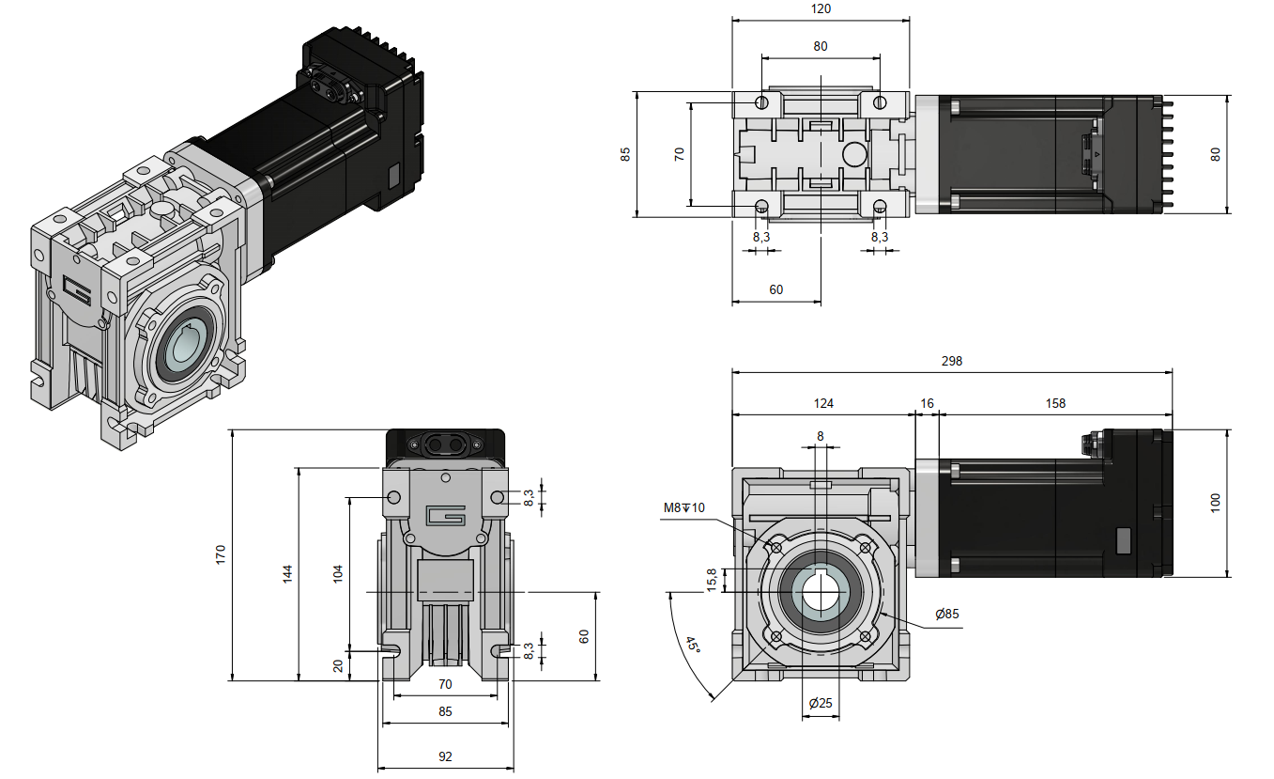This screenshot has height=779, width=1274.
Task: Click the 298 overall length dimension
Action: pyautogui.click(x=951, y=361)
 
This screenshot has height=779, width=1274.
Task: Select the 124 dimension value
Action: pyautogui.click(x=822, y=403)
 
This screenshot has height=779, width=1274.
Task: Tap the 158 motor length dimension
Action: pyautogui.click(x=1055, y=403)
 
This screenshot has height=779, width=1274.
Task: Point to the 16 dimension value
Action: pyautogui.click(x=928, y=403)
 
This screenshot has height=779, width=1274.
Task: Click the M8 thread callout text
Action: pyautogui.click(x=683, y=508)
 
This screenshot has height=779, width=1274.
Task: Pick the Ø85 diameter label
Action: pyautogui.click(x=947, y=614)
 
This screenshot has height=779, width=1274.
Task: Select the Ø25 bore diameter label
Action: pyautogui.click(x=820, y=703)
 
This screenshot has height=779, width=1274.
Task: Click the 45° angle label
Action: pyautogui.click(x=692, y=646)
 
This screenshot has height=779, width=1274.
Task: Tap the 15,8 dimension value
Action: pyautogui.click(x=711, y=580)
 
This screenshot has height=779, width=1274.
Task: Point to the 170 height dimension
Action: pyautogui.click(x=221, y=554)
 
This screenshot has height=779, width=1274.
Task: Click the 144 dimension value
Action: pyautogui.click(x=287, y=572)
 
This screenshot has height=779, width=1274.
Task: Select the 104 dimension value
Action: pyautogui.click(x=339, y=572)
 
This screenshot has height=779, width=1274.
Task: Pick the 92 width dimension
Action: pyautogui.click(x=445, y=756)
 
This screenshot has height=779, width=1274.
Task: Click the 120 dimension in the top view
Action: pyautogui.click(x=821, y=9)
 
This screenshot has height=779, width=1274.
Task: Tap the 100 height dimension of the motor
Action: pyautogui.click(x=1216, y=503)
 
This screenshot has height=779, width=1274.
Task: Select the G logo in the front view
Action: pyautogui.click(x=445, y=516)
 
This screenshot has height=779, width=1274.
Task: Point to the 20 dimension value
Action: pyautogui.click(x=339, y=665)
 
